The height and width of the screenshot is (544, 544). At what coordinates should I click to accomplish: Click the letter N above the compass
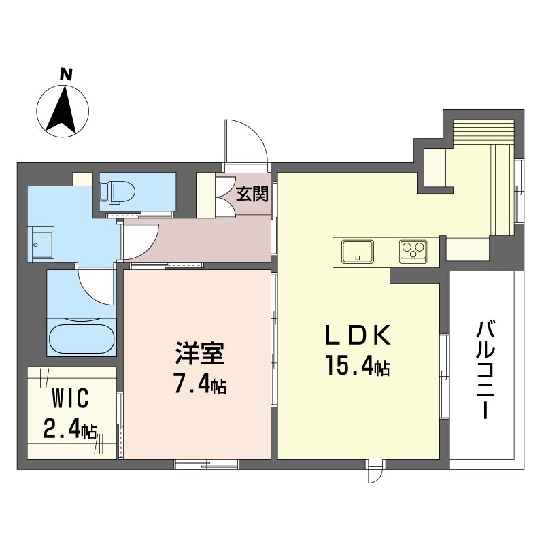tap(66, 74)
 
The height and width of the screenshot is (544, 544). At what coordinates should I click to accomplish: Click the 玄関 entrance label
tap(252, 194)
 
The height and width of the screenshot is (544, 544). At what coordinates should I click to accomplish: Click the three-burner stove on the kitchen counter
tap(413, 251)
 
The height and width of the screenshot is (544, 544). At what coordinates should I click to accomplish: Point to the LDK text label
tap(358, 335)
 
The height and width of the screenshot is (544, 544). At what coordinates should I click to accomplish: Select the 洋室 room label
tap(200, 353)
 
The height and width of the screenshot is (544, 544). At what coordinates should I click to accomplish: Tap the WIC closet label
tap(71, 398)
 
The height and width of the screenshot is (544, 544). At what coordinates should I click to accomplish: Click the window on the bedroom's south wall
tap(206, 464)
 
